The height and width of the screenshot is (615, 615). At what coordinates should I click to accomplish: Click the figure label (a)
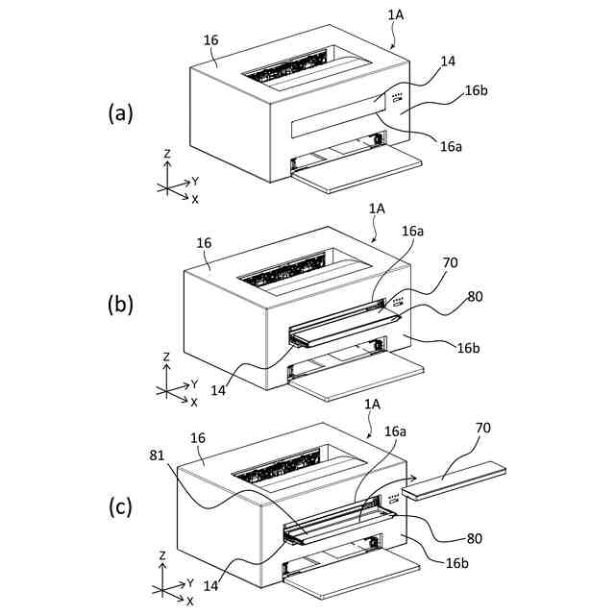coord(120,113)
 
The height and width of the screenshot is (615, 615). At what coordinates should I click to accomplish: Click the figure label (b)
coord(120,306)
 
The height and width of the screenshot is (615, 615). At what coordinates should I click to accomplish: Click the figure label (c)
coord(120,506)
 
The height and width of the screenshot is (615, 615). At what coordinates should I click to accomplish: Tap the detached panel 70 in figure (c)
coord(454,480)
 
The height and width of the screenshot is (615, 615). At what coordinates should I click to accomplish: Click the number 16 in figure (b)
coord(203,244)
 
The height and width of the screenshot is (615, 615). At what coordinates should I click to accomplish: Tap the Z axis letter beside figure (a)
coord(167,153)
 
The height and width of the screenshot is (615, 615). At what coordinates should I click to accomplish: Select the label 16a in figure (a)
coord(452,146)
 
